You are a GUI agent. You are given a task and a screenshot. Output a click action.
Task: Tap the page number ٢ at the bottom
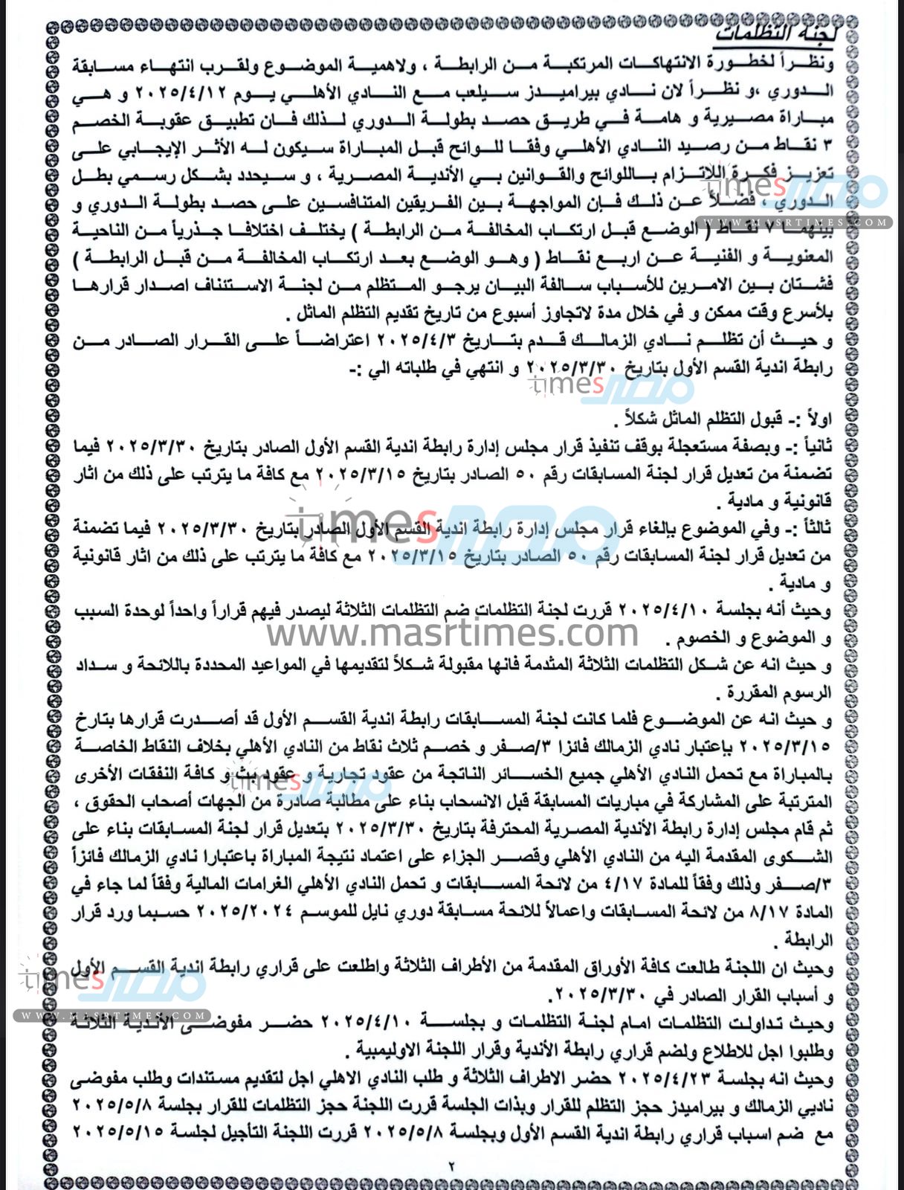pyautogui.click(x=451, y=1166)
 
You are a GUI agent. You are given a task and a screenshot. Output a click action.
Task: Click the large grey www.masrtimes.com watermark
pyautogui.click(x=453, y=633)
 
